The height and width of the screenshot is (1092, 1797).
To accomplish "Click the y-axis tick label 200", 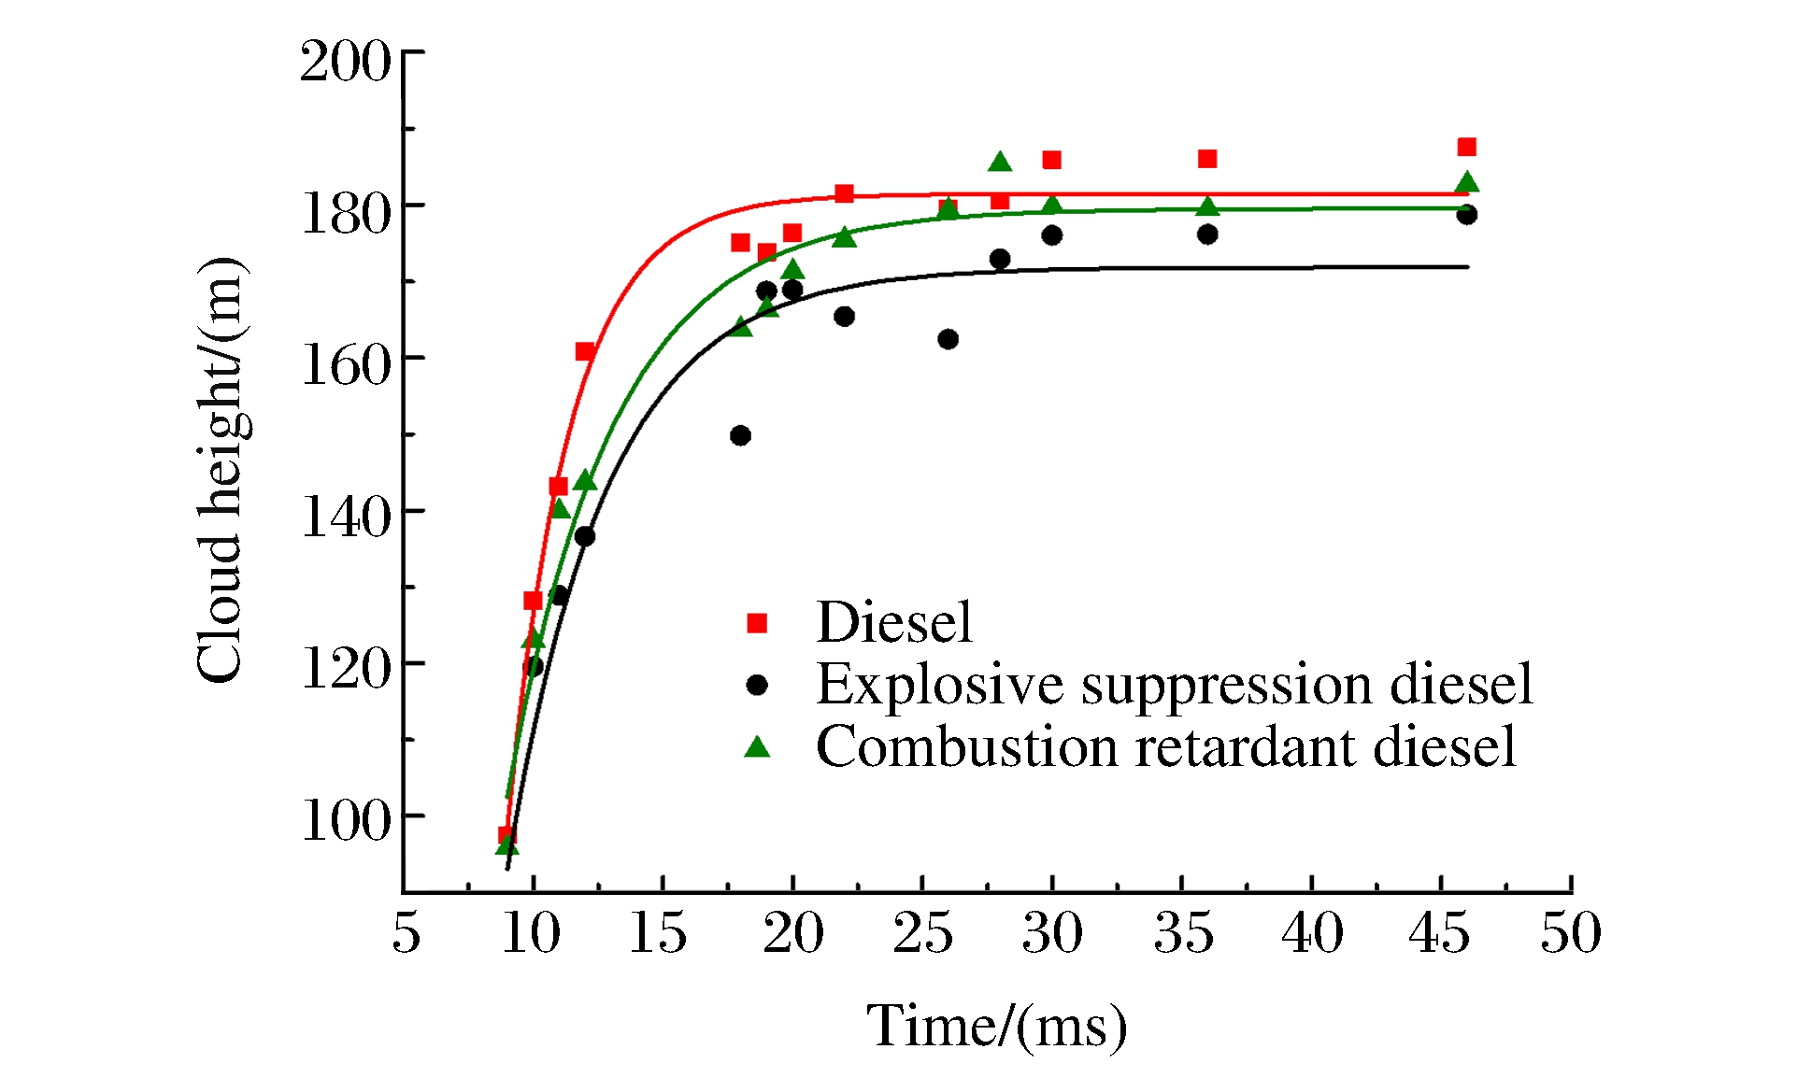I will tap(345, 63).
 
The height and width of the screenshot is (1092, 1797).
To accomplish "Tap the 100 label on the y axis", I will tap(345, 821).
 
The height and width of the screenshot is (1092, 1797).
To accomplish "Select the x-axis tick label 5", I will tap(406, 933).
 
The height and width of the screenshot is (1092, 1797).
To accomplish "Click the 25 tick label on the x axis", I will tap(922, 933).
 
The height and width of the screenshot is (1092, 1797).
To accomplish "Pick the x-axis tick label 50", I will tap(1570, 933).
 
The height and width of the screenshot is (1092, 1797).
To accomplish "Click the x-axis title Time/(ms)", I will tap(997, 1027).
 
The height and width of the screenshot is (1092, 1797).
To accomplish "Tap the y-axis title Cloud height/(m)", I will tap(222, 470).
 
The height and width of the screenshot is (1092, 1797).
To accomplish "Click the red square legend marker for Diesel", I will tap(757, 623).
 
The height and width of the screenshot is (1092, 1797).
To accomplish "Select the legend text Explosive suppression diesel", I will tap(1175, 685).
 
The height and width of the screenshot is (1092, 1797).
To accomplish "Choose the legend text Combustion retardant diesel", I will tap(1165, 747).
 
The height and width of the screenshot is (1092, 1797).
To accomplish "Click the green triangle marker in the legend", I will tap(757, 746).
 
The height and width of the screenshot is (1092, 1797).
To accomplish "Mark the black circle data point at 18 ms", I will tap(740, 435).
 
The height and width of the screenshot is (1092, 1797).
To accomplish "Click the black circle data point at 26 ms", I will tap(948, 339).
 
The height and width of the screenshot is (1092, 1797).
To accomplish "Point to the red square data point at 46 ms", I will tap(1466, 148).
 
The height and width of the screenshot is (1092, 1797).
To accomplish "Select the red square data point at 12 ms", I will tap(585, 352).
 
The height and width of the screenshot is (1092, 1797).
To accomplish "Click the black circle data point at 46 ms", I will tap(1466, 216).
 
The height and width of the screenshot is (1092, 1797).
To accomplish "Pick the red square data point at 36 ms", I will tap(1207, 159).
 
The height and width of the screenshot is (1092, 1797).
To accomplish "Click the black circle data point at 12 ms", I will tap(585, 536).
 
